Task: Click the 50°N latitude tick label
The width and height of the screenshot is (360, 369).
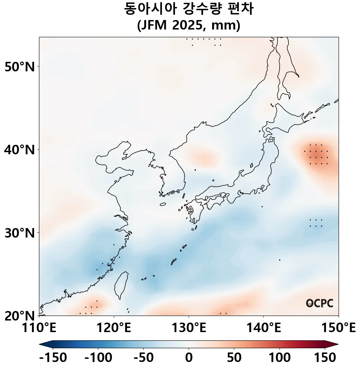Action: click(20, 66)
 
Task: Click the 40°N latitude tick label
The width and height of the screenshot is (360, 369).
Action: click(20, 150)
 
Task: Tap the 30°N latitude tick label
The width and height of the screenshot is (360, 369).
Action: click(20, 233)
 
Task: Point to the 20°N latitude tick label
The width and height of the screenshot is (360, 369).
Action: click(20, 316)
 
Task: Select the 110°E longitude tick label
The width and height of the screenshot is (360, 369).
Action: click(39, 328)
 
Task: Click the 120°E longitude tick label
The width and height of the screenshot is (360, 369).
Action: click(114, 328)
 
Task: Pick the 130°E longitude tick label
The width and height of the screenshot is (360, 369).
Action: click(189, 328)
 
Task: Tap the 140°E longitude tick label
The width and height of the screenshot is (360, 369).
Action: click(263, 328)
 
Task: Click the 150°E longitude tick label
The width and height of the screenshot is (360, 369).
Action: click(338, 328)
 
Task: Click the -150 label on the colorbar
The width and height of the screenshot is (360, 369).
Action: click(53, 358)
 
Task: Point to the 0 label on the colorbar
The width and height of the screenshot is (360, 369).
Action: click(189, 358)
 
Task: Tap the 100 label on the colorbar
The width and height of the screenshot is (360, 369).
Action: click(280, 358)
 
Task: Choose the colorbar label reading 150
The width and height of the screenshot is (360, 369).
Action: click(325, 358)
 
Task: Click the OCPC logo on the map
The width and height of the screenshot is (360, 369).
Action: click(320, 303)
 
